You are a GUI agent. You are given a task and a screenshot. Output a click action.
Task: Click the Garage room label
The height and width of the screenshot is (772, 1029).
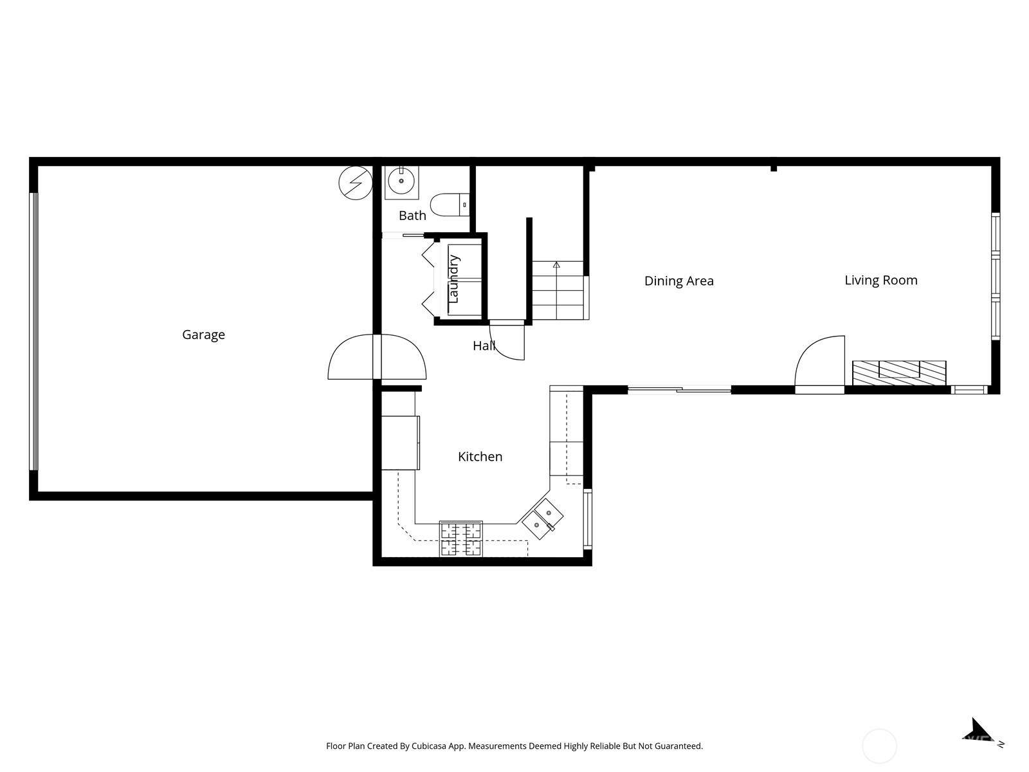click(x=203, y=335)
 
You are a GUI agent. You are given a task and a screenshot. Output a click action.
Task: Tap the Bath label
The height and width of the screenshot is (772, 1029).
click(x=412, y=216)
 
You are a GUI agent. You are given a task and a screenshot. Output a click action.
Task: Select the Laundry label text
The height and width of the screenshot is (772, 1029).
click(x=453, y=279)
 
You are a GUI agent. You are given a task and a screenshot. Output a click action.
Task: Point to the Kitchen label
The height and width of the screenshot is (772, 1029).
click(x=480, y=457)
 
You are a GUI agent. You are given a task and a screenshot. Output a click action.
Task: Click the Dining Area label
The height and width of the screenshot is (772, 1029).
click(x=678, y=280)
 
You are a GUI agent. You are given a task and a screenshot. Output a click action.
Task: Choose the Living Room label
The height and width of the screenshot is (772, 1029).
click(x=881, y=280)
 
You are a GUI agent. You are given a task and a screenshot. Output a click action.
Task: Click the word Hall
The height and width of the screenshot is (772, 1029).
click(x=484, y=346)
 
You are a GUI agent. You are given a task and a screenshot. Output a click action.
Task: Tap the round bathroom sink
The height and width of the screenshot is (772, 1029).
click(x=401, y=181)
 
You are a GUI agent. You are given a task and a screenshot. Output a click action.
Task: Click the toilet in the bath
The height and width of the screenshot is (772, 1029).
click(x=450, y=205)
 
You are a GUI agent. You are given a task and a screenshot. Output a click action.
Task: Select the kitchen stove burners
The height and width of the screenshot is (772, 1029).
click(x=461, y=538)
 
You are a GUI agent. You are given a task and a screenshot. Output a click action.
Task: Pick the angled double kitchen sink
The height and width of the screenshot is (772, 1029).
click(x=542, y=519)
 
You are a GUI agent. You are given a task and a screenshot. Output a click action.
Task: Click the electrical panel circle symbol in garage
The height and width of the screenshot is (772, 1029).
click(x=356, y=183)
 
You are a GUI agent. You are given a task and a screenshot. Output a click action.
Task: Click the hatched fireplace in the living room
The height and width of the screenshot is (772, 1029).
click(x=898, y=373)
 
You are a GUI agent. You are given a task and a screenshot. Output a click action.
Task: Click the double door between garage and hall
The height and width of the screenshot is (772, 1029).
click(x=377, y=356)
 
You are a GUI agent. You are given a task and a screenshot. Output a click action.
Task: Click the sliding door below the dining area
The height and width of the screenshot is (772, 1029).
click(x=679, y=389)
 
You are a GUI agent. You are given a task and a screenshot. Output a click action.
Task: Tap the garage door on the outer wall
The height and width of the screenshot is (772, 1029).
click(x=33, y=331)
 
